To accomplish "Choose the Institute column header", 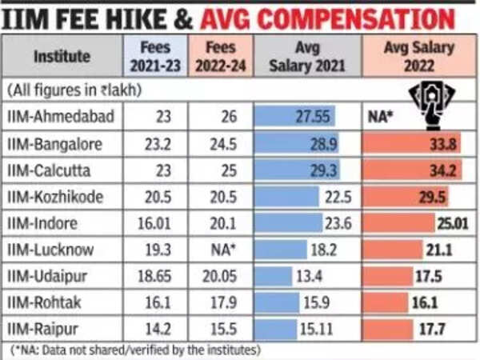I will (61, 56).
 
